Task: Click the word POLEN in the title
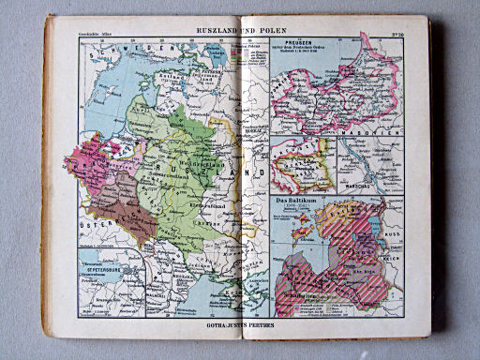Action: (x=277, y=32)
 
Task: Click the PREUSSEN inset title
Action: (x=293, y=52)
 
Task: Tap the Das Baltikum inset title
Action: (x=292, y=201)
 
